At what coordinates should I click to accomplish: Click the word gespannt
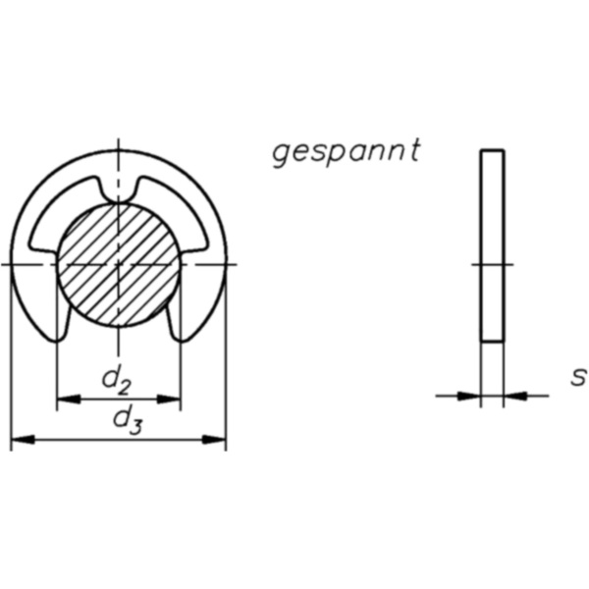click(x=346, y=152)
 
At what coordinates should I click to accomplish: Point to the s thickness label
click(x=578, y=376)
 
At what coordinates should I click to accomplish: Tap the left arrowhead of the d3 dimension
click(x=20, y=439)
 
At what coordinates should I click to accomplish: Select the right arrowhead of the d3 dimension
click(x=217, y=439)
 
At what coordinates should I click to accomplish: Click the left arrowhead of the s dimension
click(x=472, y=396)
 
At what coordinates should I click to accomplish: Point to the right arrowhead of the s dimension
click(x=512, y=396)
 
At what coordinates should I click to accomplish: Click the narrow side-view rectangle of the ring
click(x=492, y=245)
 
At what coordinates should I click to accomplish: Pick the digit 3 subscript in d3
click(x=135, y=425)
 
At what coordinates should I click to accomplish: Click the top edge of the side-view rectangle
click(x=492, y=150)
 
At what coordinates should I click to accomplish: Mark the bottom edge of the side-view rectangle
click(x=492, y=341)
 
